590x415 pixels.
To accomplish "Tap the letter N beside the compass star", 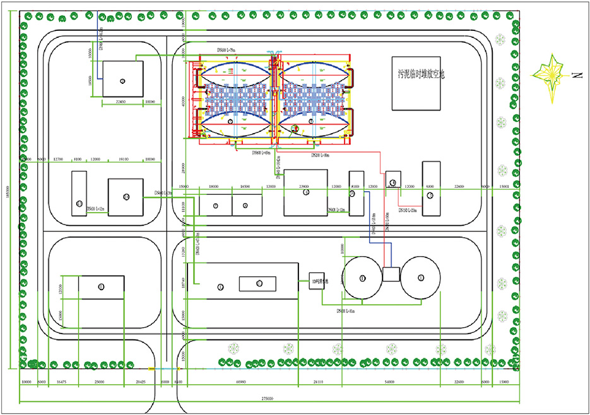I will pyautogui.click(x=576, y=76).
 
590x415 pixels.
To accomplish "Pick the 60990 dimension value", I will pyautogui.click(x=241, y=382).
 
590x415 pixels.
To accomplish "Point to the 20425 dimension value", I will pyautogui.click(x=140, y=382).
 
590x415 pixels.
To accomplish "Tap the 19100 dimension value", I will pyautogui.click(x=124, y=160).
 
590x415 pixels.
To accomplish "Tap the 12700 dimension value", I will pyautogui.click(x=60, y=160).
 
